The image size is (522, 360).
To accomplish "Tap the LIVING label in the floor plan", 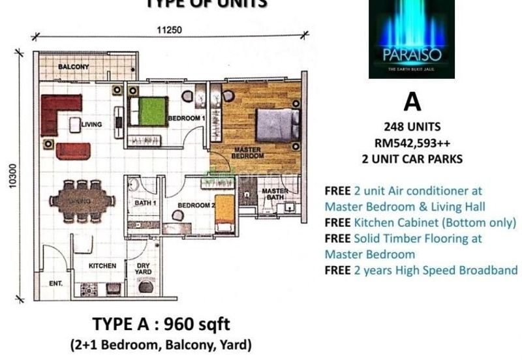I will [91, 124].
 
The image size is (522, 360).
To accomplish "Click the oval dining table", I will [79, 202].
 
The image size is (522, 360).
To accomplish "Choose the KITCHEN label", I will [102, 266].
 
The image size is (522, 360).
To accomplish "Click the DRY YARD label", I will [144, 269].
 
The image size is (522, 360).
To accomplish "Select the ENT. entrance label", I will [55, 284].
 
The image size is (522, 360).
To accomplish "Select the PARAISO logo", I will [411, 39].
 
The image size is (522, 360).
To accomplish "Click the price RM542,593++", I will [412, 142].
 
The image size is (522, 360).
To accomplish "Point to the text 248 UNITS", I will [412, 127].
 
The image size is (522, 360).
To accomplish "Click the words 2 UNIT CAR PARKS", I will [412, 158].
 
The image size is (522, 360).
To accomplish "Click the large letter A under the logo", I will [412, 102].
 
